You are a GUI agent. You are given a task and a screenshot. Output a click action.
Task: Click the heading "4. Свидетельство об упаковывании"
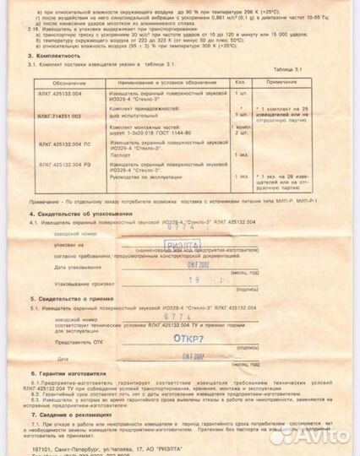tap(81, 214)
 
